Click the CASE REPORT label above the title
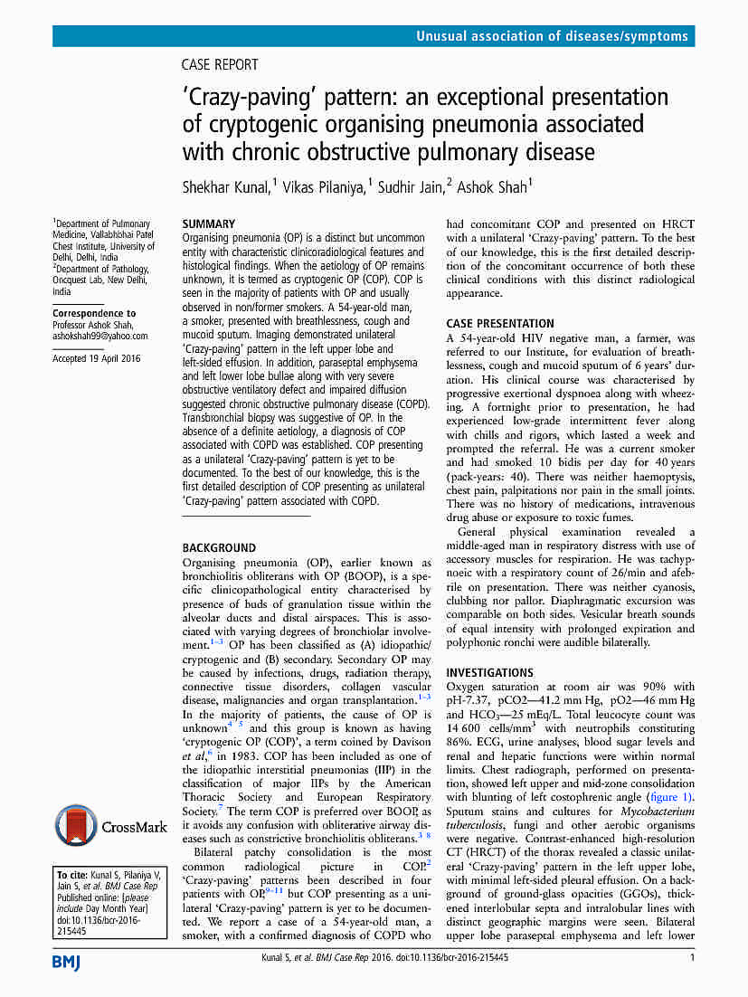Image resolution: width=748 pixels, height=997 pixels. pos(220,65)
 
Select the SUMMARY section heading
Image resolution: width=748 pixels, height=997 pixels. pos(209,223)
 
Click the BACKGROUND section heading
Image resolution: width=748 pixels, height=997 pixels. pos(219,547)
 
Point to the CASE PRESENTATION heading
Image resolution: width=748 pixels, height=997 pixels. pos(500,323)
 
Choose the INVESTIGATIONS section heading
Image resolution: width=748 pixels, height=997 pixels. pos(489,673)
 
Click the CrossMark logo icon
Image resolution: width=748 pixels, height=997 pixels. pos(76,826)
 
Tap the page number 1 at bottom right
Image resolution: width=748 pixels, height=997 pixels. pos(691,957)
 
